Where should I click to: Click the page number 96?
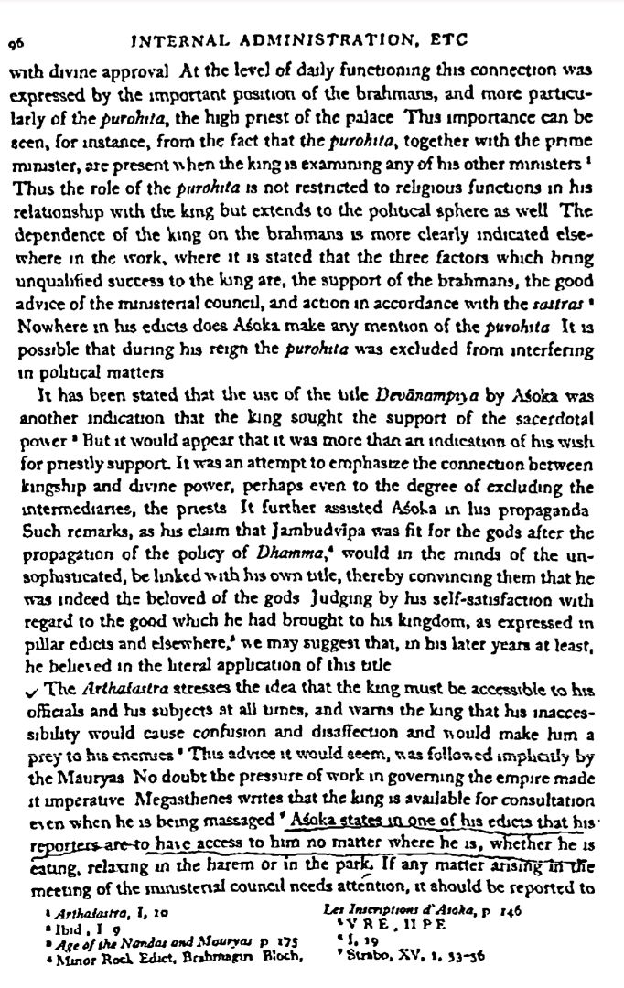pos(17,41)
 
